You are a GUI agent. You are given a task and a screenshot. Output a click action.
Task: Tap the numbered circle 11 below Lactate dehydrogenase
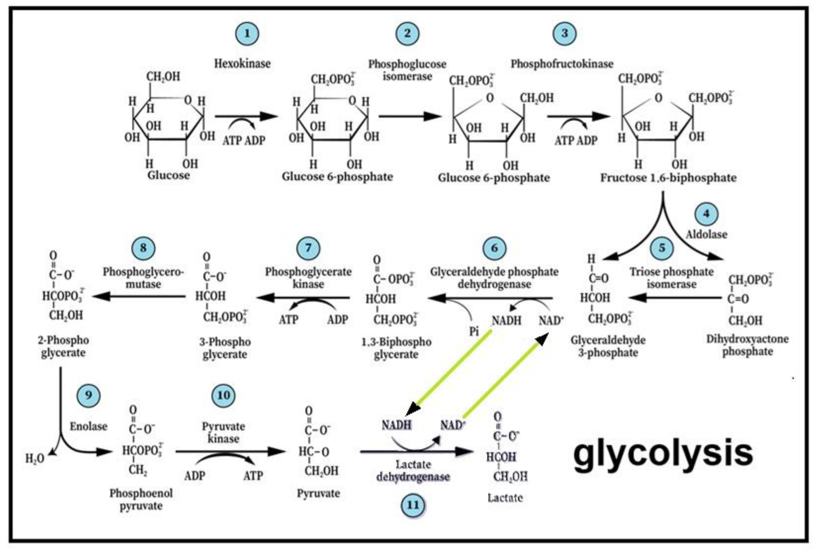click(x=413, y=505)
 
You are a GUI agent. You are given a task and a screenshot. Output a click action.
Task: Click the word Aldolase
click(x=706, y=234)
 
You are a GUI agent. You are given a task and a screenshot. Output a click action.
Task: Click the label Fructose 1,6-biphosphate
click(x=668, y=178)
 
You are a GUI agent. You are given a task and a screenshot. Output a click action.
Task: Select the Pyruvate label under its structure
click(x=318, y=494)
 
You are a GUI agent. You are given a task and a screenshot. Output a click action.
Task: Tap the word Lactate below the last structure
click(x=505, y=497)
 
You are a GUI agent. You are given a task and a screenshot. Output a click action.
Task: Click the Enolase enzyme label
click(x=88, y=426)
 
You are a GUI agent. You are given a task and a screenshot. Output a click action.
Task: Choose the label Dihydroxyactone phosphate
click(x=747, y=345)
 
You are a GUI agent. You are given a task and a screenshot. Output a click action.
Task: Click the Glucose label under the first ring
click(x=168, y=175)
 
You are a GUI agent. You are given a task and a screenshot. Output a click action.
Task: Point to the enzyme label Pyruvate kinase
click(x=223, y=432)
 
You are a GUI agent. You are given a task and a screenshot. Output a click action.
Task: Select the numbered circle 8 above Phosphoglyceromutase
click(x=143, y=248)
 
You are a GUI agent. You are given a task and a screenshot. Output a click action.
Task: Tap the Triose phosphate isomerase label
click(x=671, y=278)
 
